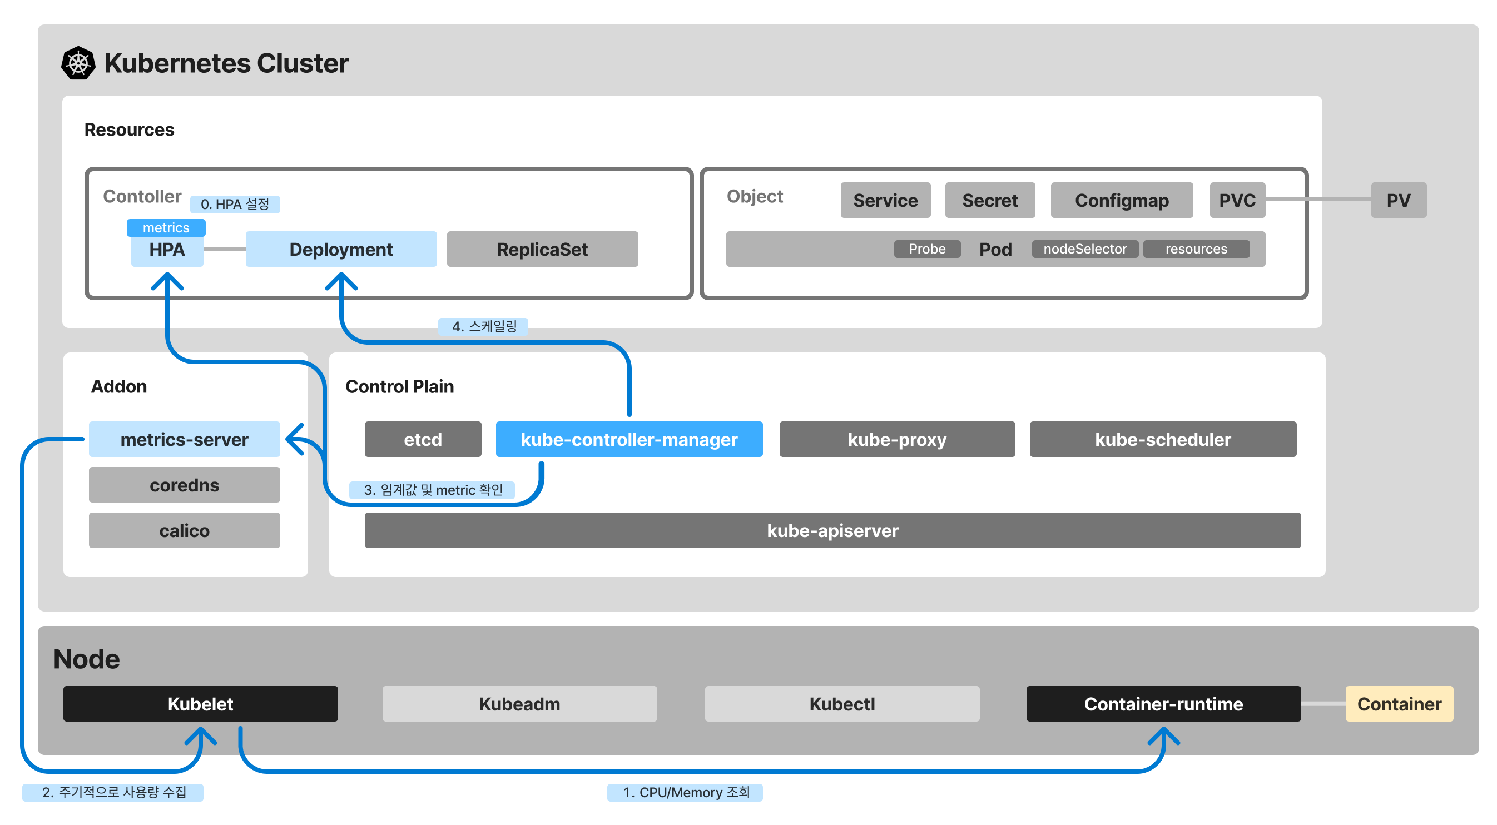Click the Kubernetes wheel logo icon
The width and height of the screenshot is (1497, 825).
click(78, 63)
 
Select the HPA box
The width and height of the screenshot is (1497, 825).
click(167, 249)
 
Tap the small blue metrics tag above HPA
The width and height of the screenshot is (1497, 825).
click(166, 228)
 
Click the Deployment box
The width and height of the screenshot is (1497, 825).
click(341, 249)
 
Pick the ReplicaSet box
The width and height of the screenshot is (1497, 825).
click(542, 249)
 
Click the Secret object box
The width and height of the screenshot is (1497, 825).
click(990, 201)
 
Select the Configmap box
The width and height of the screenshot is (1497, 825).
click(1121, 201)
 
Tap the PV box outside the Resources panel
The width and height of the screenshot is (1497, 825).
click(1398, 201)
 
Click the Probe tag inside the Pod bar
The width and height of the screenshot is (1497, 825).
click(927, 249)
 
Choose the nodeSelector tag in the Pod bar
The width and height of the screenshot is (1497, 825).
click(1084, 249)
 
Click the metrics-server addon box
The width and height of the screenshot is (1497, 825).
click(184, 439)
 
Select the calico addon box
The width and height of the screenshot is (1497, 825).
click(184, 530)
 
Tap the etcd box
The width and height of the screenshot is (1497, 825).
click(423, 439)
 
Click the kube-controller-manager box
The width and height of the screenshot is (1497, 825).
click(629, 439)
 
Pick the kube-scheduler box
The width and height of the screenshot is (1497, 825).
click(1163, 439)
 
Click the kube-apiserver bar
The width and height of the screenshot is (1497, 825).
click(832, 530)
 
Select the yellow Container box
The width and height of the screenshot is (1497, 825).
click(1399, 704)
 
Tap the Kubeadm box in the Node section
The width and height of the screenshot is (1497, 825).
click(519, 704)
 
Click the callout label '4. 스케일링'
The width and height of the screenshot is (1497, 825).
click(483, 326)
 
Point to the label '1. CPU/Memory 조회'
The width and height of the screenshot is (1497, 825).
click(685, 792)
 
